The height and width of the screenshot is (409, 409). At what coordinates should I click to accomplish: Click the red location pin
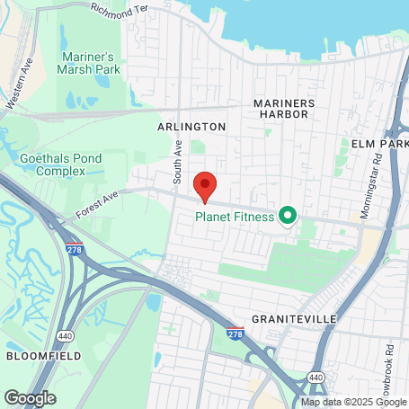(205, 187)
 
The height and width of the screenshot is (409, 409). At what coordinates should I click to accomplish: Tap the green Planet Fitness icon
(288, 216)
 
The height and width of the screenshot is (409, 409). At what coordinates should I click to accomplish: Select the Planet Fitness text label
(236, 217)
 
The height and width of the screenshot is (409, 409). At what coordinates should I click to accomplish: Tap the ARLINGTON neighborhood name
(191, 128)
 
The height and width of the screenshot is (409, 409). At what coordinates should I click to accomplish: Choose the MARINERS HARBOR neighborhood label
(284, 109)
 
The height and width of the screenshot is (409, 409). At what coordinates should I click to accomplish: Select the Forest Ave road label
(99, 206)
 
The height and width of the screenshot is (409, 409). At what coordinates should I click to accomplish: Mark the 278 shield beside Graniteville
(236, 333)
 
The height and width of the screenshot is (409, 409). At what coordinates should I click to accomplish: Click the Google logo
(30, 397)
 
